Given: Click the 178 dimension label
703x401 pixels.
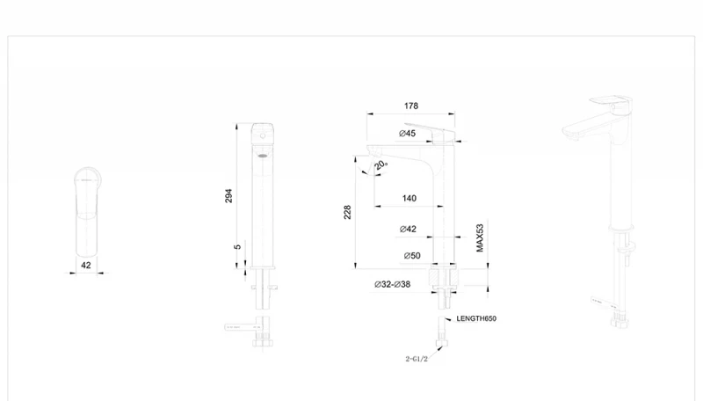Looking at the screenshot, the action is click(411, 106).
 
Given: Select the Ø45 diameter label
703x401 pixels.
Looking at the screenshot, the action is click(407, 133).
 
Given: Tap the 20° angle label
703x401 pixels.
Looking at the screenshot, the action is click(380, 164).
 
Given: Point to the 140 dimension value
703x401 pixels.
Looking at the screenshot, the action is click(409, 198).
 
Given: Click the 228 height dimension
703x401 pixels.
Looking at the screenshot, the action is click(347, 212).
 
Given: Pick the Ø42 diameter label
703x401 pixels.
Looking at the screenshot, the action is click(408, 230).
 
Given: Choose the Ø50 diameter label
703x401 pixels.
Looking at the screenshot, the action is click(412, 256).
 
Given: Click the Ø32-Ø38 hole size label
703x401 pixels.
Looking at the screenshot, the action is click(392, 284).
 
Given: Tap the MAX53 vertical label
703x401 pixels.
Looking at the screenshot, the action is click(480, 238).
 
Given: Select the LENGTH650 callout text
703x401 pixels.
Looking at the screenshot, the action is click(476, 318).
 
